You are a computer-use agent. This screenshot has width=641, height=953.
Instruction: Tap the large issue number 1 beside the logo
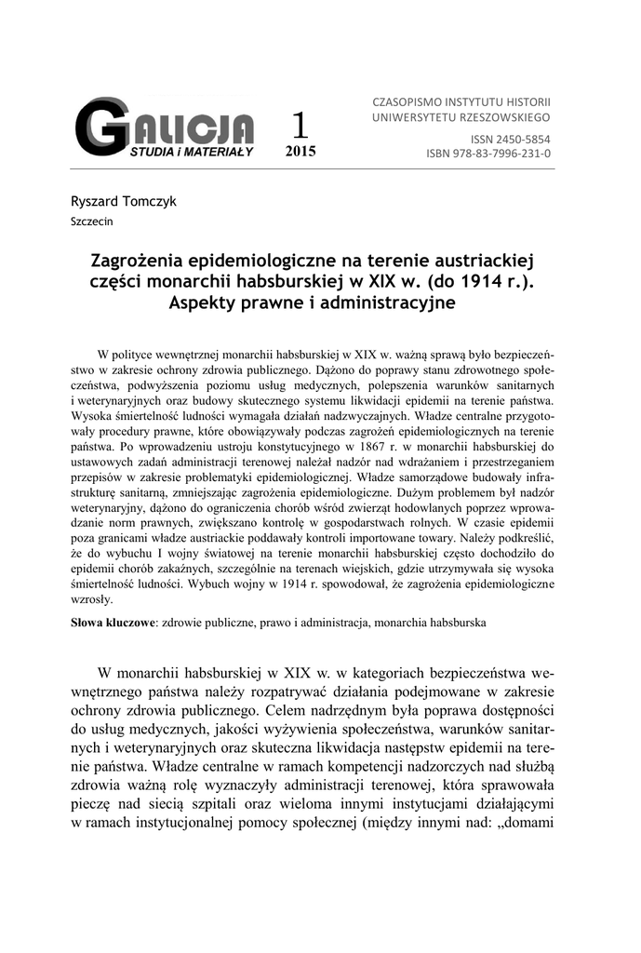pyautogui.click(x=300, y=125)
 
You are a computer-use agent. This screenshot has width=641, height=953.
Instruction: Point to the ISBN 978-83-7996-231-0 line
pyautogui.click(x=488, y=153)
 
